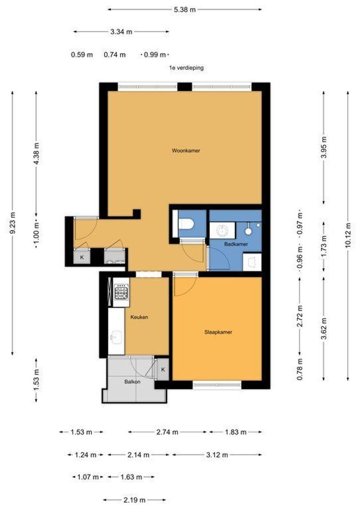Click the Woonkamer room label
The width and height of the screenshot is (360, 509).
[x=186, y=151]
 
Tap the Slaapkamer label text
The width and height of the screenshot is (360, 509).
[x=218, y=332]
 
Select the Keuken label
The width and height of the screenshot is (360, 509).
[x=139, y=317]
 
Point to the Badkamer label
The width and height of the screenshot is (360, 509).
[x=236, y=244]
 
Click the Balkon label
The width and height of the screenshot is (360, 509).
[x=132, y=382]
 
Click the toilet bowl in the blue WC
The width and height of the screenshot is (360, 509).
[x=186, y=224]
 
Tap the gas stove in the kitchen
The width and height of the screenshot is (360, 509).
[x=122, y=291]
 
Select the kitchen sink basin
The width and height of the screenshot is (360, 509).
[x=116, y=337]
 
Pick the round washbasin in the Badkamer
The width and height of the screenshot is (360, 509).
[x=222, y=230]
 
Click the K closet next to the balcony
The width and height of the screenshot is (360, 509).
[x=163, y=369]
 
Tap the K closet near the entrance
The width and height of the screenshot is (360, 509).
[x=82, y=257]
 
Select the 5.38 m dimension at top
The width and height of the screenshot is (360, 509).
[x=185, y=9]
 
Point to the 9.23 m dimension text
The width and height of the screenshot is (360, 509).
[x=12, y=222]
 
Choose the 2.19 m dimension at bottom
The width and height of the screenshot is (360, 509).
[x=134, y=500]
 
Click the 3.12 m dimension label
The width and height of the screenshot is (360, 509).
[x=217, y=455]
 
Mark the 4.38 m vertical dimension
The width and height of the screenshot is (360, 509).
[x=36, y=154]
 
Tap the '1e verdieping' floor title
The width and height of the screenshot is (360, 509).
[x=186, y=68]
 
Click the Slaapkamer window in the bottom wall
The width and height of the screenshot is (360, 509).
[x=217, y=385]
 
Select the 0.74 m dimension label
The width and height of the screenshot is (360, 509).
[x=115, y=55]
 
